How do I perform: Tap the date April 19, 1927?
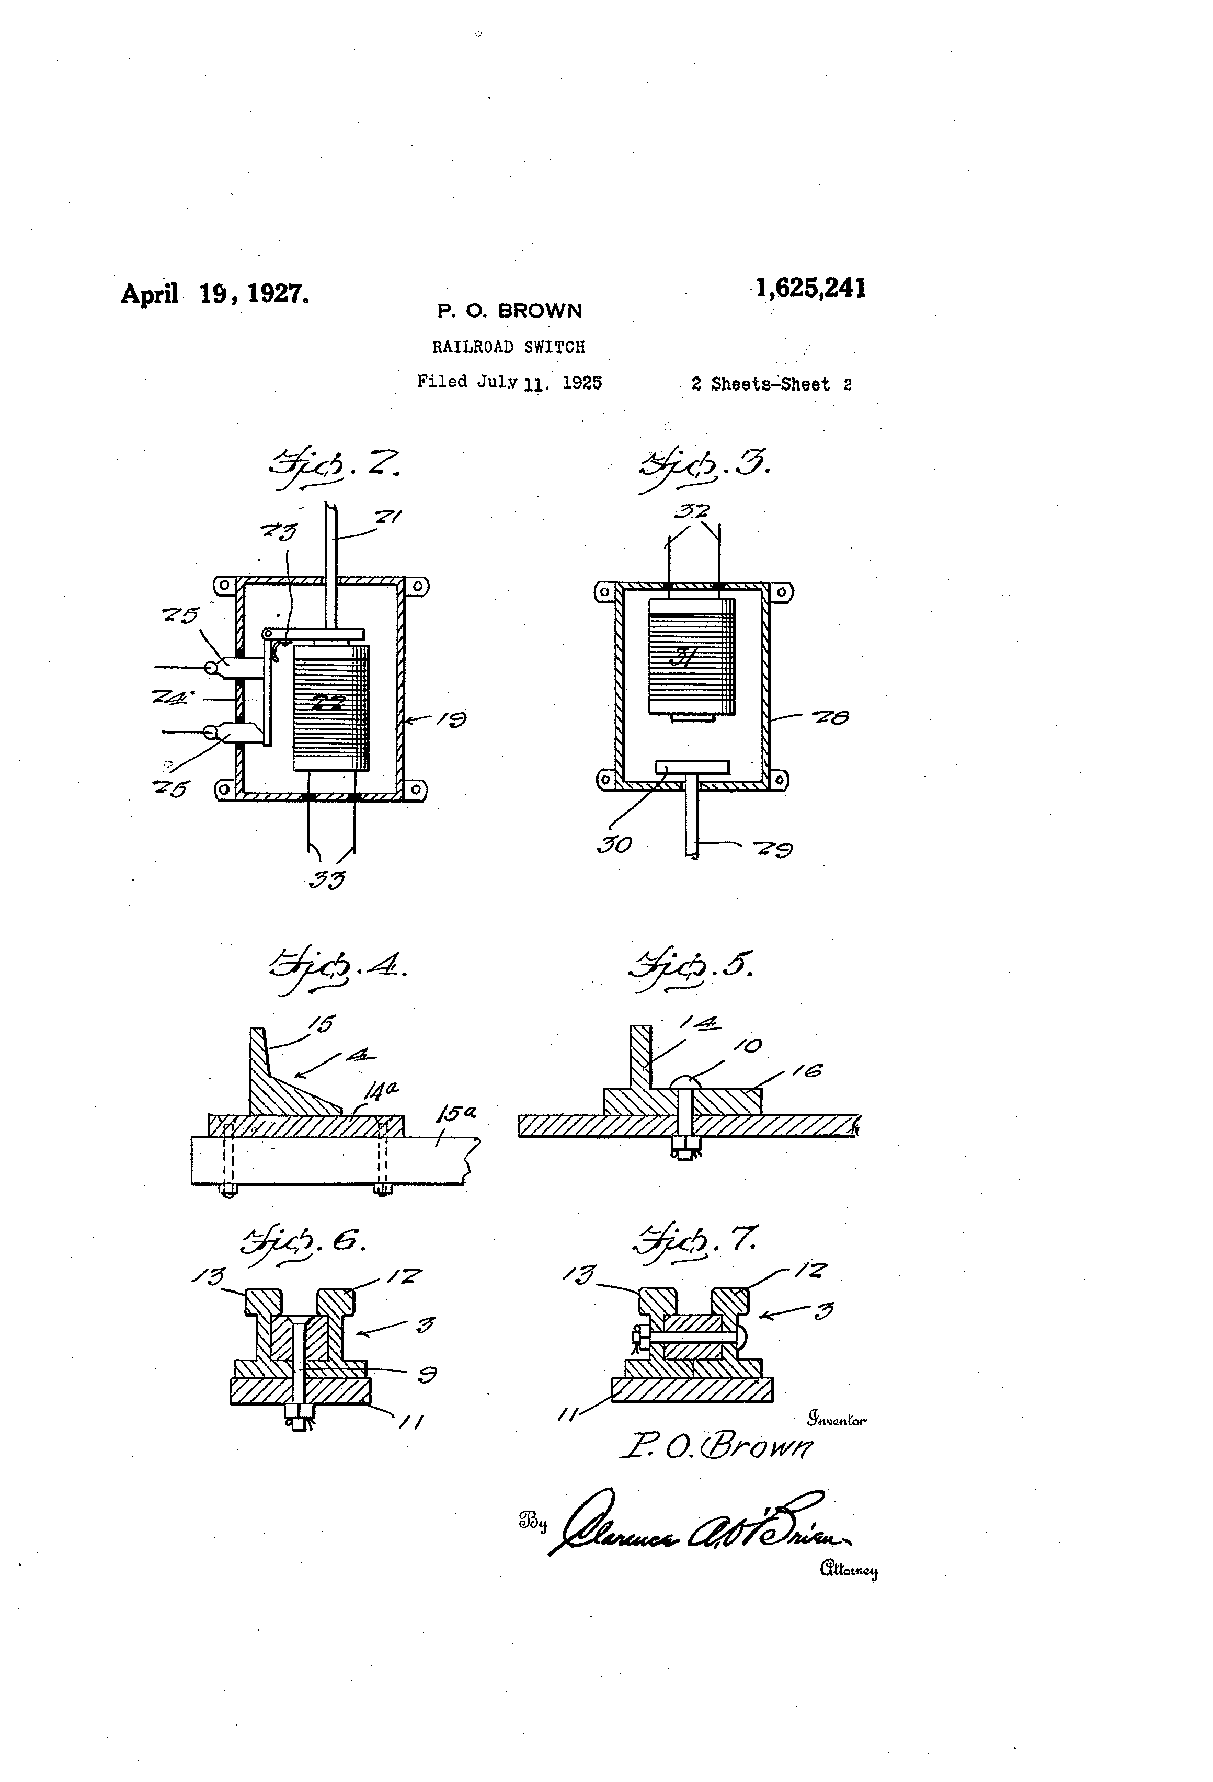(215, 294)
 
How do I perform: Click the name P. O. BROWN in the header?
(509, 311)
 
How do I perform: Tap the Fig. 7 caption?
(696, 1240)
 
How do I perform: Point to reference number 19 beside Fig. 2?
(452, 719)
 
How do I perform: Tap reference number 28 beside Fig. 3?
(830, 718)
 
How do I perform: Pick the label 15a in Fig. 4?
(457, 1113)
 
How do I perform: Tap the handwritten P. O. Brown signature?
(716, 1445)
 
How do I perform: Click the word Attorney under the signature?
(849, 1570)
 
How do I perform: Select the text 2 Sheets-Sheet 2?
(771, 384)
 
